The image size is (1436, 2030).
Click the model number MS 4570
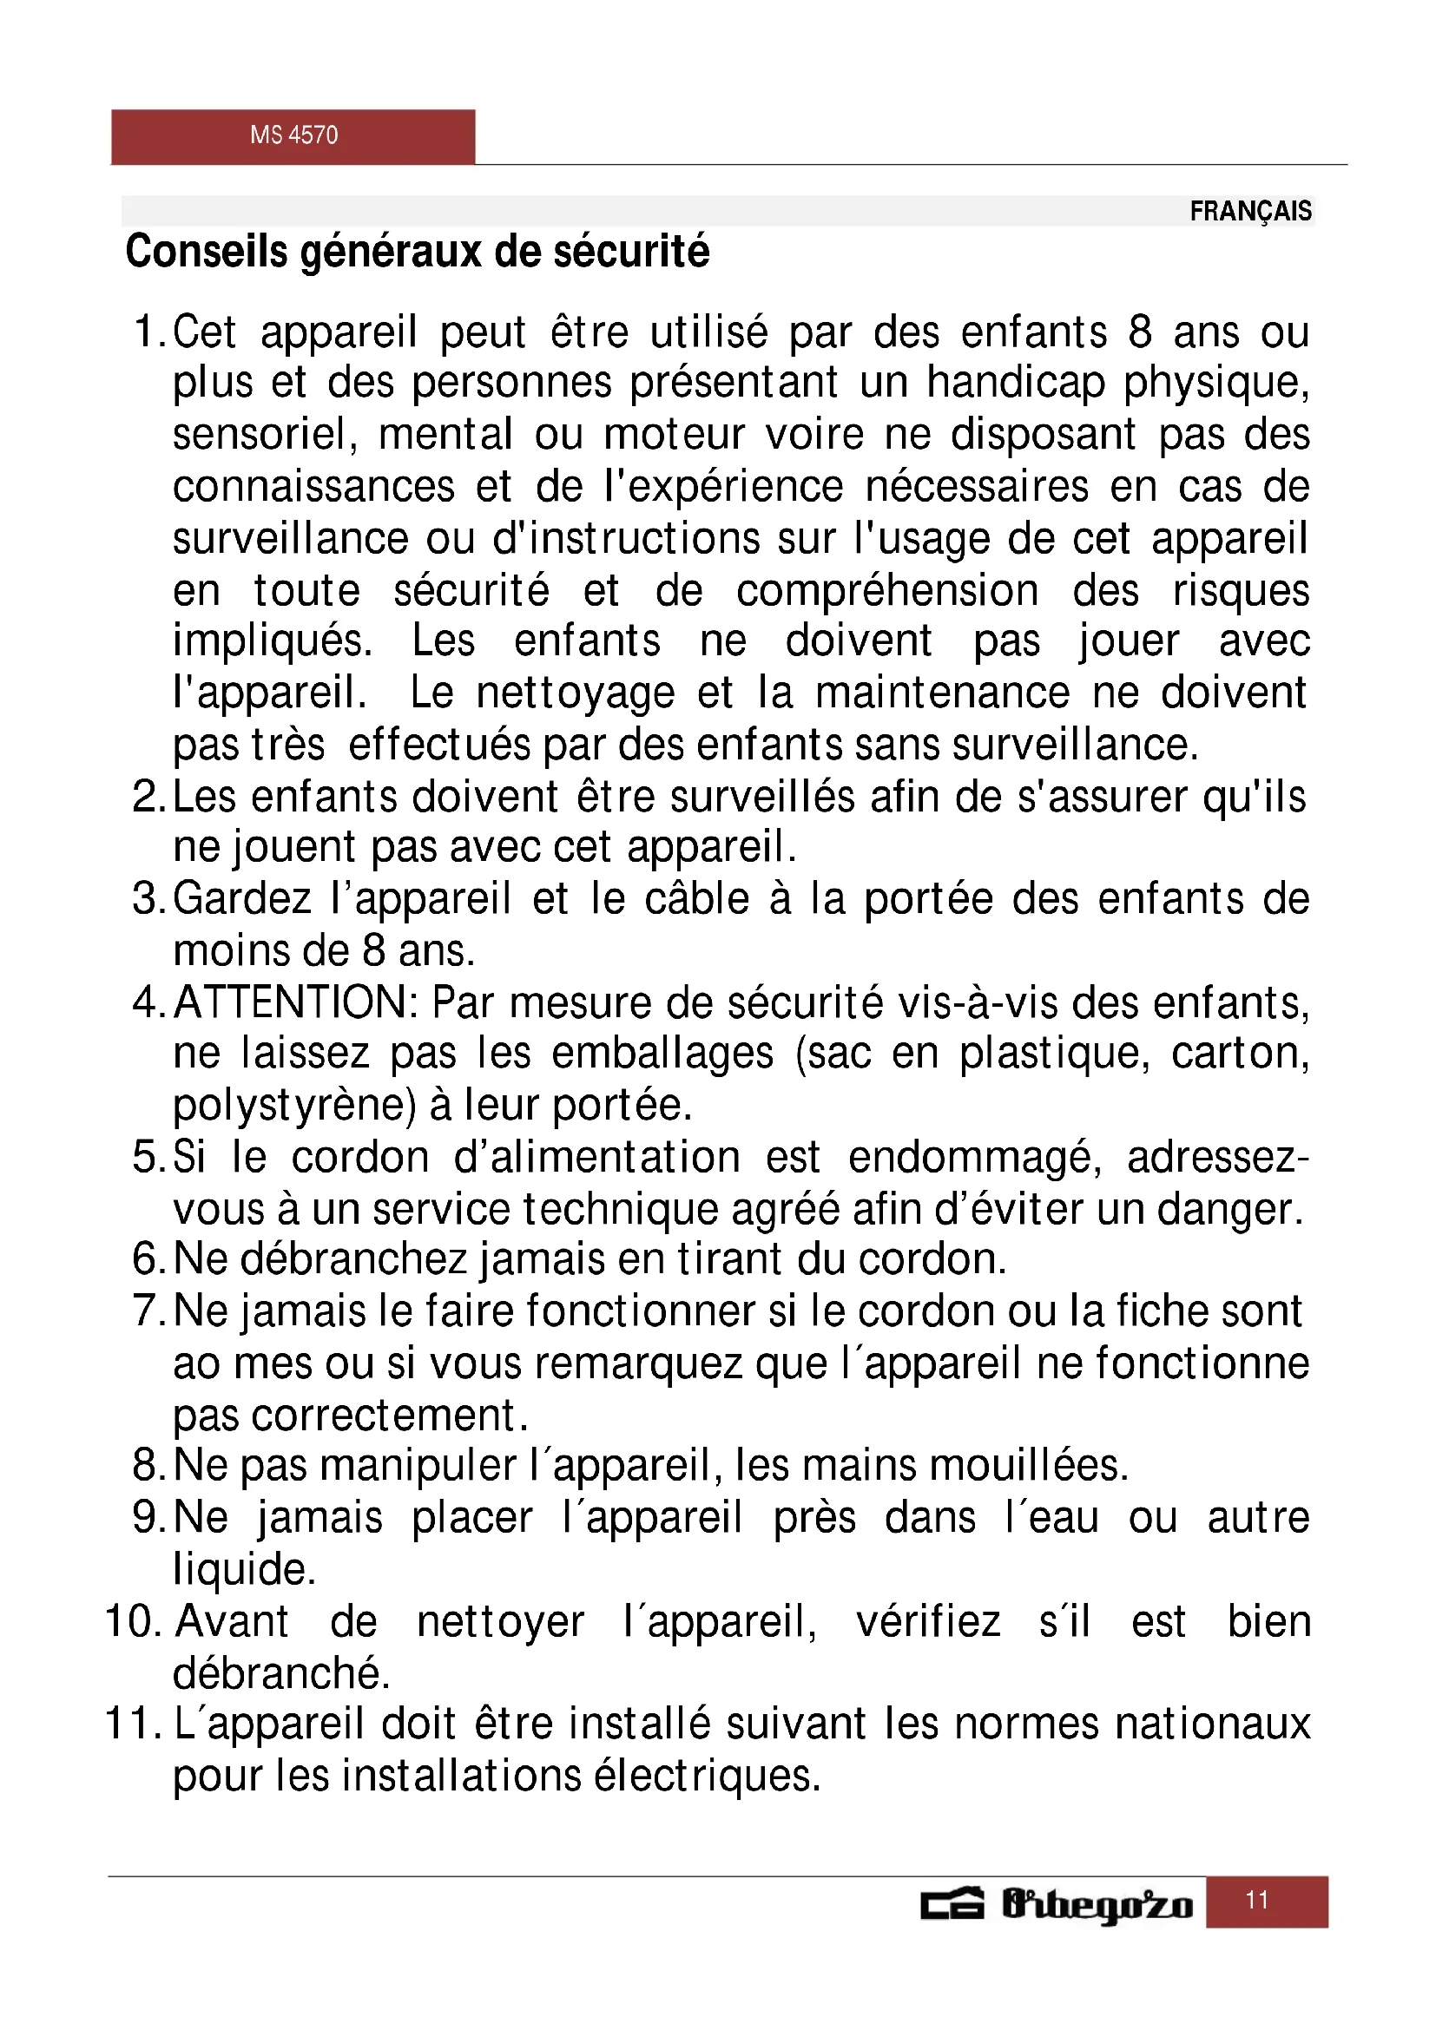(x=293, y=135)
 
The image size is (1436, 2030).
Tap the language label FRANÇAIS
(x=1250, y=211)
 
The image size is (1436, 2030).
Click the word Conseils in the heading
(x=206, y=251)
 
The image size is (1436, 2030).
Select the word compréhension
(x=887, y=592)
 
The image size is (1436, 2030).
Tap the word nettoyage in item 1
(x=575, y=694)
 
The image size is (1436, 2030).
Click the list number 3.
(x=144, y=899)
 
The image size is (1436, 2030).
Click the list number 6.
(x=144, y=1259)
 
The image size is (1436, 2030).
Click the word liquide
(x=244, y=1569)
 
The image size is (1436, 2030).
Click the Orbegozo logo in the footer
(x=1057, y=1903)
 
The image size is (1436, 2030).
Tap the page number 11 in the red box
(x=1256, y=1900)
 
